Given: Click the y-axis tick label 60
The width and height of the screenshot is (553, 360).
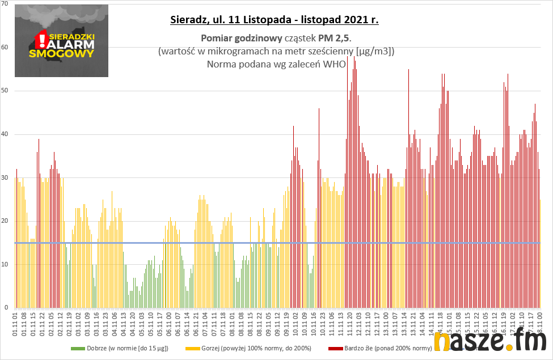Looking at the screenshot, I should coord(5,47).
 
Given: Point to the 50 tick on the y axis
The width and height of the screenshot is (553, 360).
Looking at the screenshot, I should coord(5,91).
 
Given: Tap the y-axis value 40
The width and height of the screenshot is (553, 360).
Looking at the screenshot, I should coord(5,134).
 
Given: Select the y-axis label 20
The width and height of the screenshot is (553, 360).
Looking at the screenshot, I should coord(5,221).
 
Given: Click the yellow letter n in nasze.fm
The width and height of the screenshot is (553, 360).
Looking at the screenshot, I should coord(441,342).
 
